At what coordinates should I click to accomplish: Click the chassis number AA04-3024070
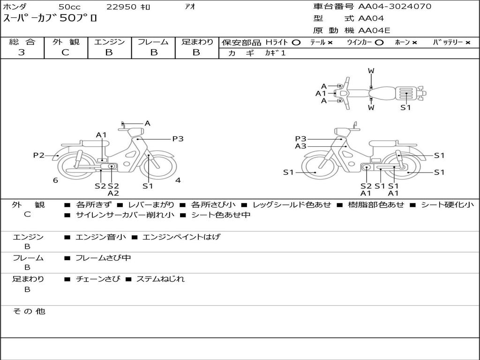coord(395,6)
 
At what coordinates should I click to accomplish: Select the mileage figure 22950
coord(121,7)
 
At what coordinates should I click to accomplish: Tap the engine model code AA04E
coord(374,30)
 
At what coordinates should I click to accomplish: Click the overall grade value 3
coord(22,52)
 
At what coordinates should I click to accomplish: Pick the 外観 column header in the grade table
coord(66,42)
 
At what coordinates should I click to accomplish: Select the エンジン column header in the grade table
coord(109,42)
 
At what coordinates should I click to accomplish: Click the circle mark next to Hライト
coord(296,43)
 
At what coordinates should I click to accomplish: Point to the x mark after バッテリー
coord(467,43)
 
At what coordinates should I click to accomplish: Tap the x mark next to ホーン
coord(414,43)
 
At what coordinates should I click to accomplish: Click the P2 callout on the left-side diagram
coord(39,155)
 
